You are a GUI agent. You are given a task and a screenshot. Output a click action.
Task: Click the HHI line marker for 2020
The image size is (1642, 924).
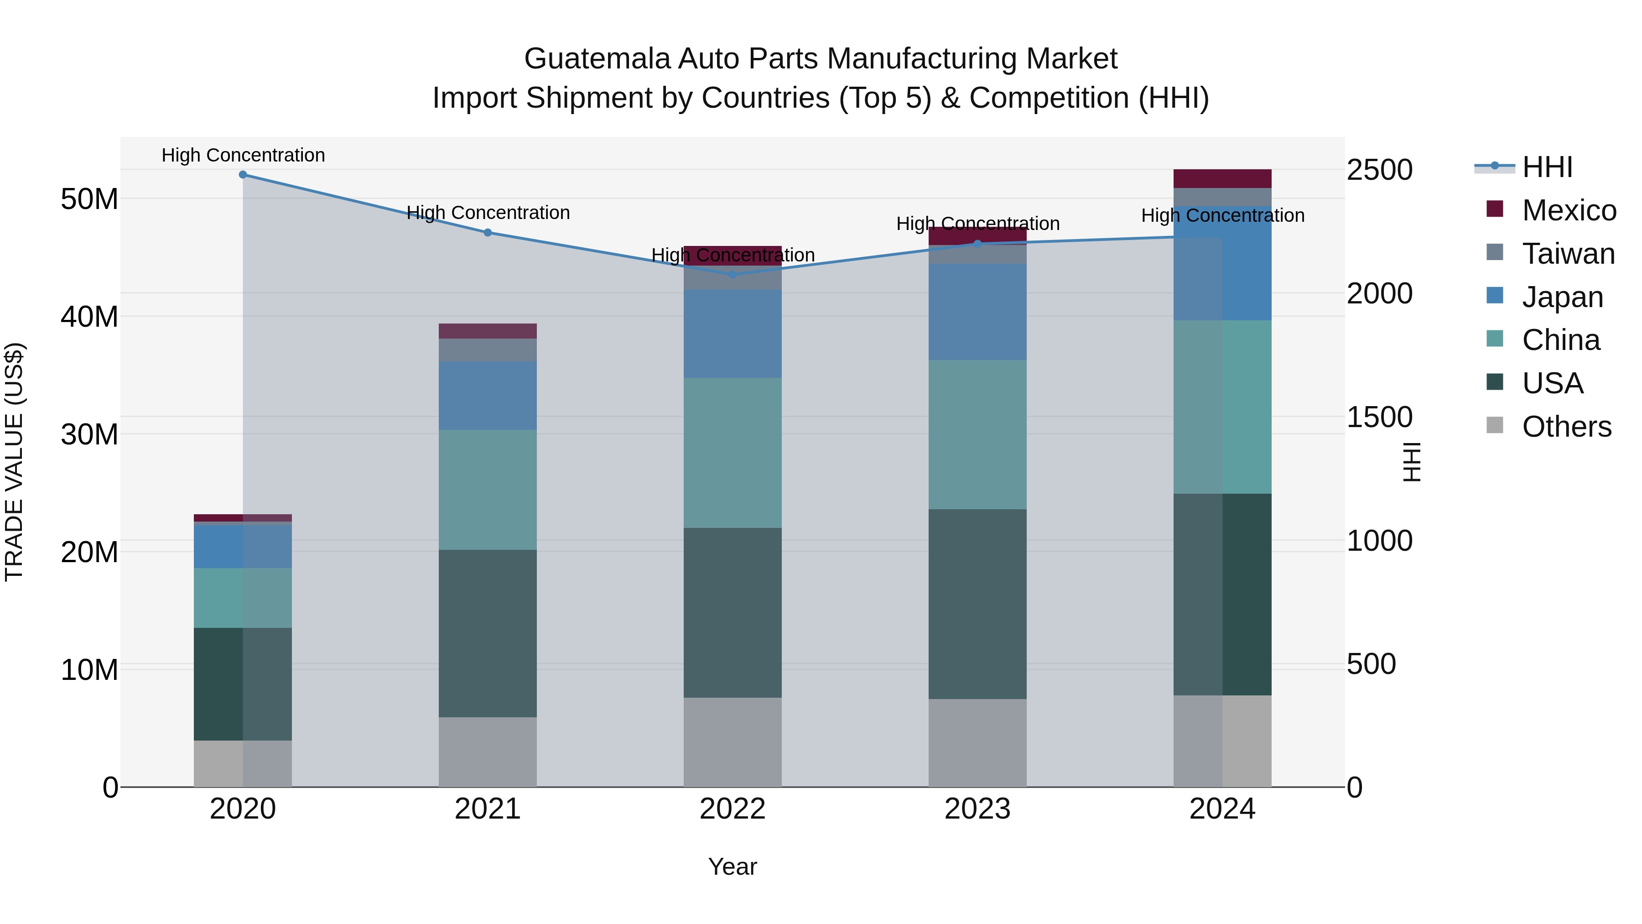(x=243, y=175)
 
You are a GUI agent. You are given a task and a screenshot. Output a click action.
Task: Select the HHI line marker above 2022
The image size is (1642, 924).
(x=733, y=275)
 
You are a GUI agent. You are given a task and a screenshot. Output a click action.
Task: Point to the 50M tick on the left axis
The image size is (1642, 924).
(x=89, y=199)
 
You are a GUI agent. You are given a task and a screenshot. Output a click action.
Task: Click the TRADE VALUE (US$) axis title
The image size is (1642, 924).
(x=15, y=462)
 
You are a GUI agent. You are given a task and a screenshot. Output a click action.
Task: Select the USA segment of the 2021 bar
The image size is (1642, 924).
(x=488, y=633)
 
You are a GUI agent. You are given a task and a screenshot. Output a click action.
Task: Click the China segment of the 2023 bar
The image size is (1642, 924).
(x=977, y=434)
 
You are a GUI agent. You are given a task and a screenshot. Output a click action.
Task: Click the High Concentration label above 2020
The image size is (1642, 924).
(x=243, y=156)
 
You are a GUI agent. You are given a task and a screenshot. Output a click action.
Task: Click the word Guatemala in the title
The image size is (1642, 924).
(x=597, y=59)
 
